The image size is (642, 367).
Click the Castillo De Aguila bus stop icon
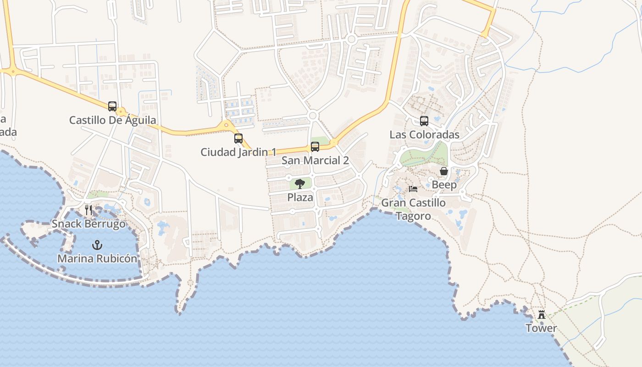click(112, 106)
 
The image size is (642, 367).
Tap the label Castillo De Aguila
click(112, 120)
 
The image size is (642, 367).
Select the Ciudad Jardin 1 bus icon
click(238, 138)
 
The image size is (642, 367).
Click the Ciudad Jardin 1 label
click(238, 152)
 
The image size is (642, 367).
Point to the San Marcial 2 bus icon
click(315, 147)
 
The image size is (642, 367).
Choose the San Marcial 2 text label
click(315, 161)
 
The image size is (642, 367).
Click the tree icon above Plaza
click(300, 184)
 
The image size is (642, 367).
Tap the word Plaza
click(300, 198)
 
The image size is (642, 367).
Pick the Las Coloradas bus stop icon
click(424, 121)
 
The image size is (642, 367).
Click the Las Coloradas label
click(424, 135)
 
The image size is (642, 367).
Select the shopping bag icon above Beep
click(444, 172)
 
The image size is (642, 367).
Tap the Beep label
click(444, 185)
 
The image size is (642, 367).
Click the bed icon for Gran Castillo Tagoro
click(413, 189)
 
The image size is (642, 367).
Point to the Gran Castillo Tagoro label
click(413, 209)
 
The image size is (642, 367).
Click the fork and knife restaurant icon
click(89, 210)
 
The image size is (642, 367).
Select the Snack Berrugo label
click(89, 224)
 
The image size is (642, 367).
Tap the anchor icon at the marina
click(97, 245)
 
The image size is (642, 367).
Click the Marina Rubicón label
click(97, 259)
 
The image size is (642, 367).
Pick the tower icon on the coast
click(542, 315)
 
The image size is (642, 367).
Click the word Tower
click(541, 328)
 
